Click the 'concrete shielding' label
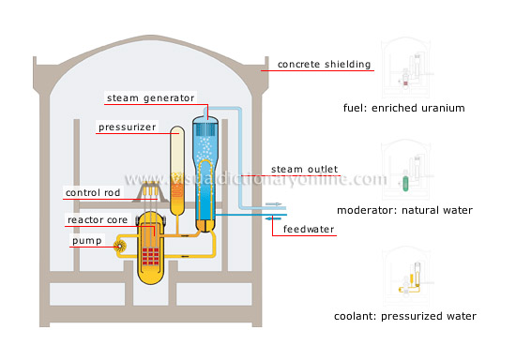pos(326,65)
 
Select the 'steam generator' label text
pos(149,97)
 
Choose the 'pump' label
pos(83,241)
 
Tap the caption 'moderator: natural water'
pos(405,210)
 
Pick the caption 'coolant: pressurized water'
pos(405,316)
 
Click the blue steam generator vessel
pos(205,169)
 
